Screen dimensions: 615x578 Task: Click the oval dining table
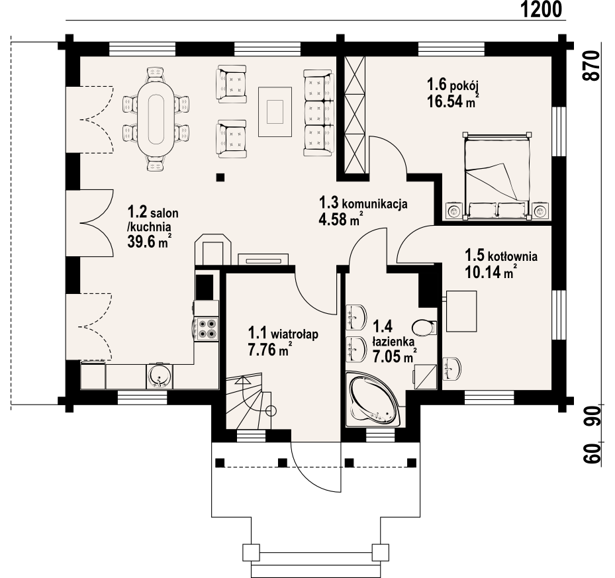coord(156,118)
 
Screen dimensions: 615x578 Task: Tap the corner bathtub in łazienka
coord(372,401)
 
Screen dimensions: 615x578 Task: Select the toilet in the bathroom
coord(424,327)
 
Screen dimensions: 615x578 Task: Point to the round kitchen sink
coord(160,376)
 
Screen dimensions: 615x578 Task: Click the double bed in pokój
coord(497,176)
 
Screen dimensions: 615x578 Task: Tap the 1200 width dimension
coord(542,9)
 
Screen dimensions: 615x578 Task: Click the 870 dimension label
coord(592,66)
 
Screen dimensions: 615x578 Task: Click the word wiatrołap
coord(295,335)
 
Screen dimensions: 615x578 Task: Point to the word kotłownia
coord(512,257)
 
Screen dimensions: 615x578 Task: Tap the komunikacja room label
coord(375,204)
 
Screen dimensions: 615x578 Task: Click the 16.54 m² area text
coord(453,101)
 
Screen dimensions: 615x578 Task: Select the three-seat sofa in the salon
coord(318,113)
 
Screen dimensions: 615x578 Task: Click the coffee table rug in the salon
coord(275,112)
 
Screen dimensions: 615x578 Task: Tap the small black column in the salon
coord(220,177)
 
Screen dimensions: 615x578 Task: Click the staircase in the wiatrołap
coord(249,401)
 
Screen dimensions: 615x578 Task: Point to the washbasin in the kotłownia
coord(452,369)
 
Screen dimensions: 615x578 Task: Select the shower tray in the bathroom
coord(426,377)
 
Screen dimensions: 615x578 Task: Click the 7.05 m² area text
coord(394,357)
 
